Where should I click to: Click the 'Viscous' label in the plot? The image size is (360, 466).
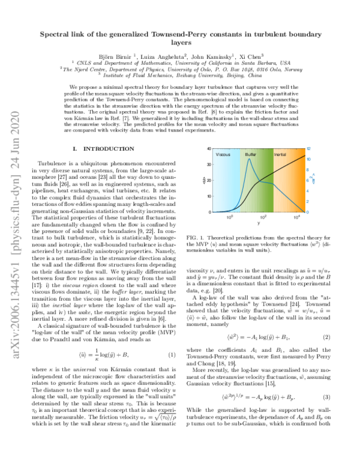(x=223, y=154)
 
